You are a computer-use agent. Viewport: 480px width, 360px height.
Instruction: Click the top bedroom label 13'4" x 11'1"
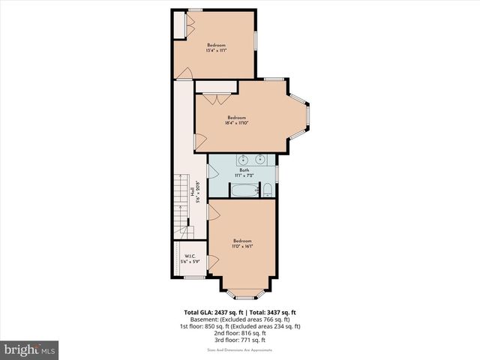[217, 49]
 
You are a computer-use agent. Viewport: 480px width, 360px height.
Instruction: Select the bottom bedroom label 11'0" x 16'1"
[241, 243]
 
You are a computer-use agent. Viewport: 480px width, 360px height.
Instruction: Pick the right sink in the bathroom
[259, 160]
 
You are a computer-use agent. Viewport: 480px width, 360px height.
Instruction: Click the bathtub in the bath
[242, 190]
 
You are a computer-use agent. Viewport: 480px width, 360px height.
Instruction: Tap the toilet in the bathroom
[267, 190]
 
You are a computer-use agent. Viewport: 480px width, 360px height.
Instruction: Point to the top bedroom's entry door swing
[184, 73]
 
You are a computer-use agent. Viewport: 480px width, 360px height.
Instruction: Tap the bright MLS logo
[29, 349]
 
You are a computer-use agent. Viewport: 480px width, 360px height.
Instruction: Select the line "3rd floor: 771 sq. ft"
[240, 340]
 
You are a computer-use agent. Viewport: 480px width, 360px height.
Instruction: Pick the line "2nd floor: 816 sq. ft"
[240, 334]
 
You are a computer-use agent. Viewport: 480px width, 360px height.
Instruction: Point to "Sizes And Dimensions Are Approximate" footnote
[240, 350]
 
